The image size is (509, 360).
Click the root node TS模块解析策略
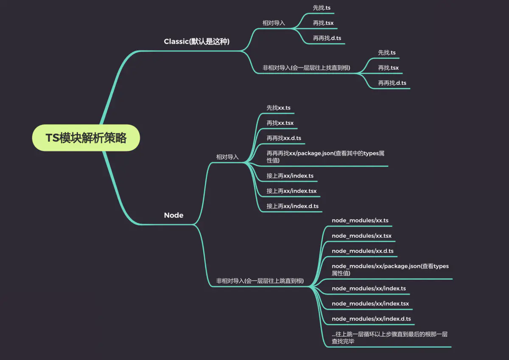(86, 138)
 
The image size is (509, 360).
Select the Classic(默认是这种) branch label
(197, 42)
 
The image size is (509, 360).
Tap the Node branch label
(173, 215)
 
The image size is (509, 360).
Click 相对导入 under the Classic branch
(274, 23)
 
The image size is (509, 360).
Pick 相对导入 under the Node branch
(227, 157)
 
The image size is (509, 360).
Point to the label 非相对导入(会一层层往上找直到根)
(306, 67)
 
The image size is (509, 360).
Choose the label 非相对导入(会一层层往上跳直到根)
(260, 281)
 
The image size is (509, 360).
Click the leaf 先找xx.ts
(278, 108)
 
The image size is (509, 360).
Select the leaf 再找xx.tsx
(280, 123)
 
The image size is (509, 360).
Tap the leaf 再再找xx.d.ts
(284, 138)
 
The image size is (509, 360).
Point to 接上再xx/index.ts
(290, 176)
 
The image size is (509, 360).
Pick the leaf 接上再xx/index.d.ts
(292, 206)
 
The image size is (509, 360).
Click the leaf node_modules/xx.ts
(360, 221)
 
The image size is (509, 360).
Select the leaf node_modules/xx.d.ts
(362, 251)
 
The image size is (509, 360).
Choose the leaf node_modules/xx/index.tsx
(370, 304)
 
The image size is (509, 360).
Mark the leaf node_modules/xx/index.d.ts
(371, 319)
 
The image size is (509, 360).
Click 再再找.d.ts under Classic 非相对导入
(392, 83)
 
